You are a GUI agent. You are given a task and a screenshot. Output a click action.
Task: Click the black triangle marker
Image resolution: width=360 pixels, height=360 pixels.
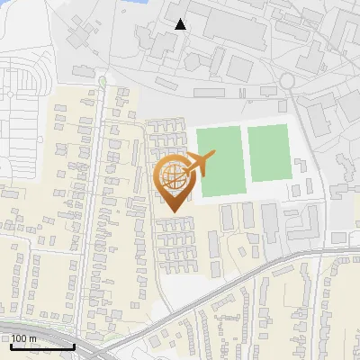pyautogui.click(x=181, y=24)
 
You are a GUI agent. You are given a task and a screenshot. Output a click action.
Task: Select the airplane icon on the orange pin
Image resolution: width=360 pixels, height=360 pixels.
pyautogui.click(x=199, y=164)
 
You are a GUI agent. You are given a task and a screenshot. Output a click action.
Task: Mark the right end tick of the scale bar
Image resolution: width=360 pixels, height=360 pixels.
pyautogui.click(x=74, y=345)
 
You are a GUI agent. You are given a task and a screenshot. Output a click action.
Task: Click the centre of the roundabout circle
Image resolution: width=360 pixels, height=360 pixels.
pyautogui.click(x=287, y=81)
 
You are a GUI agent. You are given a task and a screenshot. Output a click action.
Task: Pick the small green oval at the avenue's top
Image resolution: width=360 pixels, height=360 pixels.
pyautogui.click(x=103, y=82)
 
